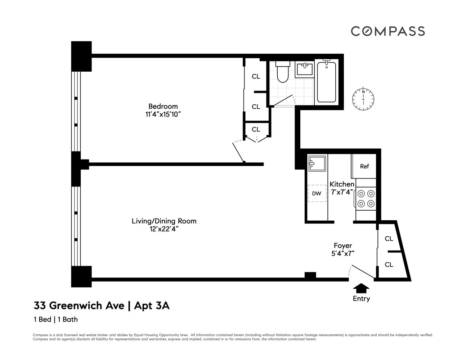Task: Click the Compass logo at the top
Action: pyautogui.click(x=388, y=31)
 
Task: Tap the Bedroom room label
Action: pyautogui.click(x=163, y=106)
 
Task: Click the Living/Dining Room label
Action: pyautogui.click(x=164, y=221)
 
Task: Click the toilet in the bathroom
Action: pyautogui.click(x=283, y=71)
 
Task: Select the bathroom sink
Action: pyautogui.click(x=304, y=69)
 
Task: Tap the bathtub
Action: pyautogui.click(x=326, y=82)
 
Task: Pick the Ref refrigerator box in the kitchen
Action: pyautogui.click(x=364, y=166)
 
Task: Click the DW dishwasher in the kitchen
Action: pyautogui.click(x=317, y=193)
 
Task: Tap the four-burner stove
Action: pyautogui.click(x=366, y=198)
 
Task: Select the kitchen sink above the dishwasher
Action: pyautogui.click(x=317, y=164)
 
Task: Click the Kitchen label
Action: pyautogui.click(x=342, y=184)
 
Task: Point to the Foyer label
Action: pyautogui.click(x=343, y=246)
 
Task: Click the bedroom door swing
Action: pyautogui.click(x=239, y=152)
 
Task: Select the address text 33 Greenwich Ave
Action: pyautogui.click(x=79, y=306)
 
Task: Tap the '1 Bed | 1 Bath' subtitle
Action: pyautogui.click(x=56, y=319)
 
